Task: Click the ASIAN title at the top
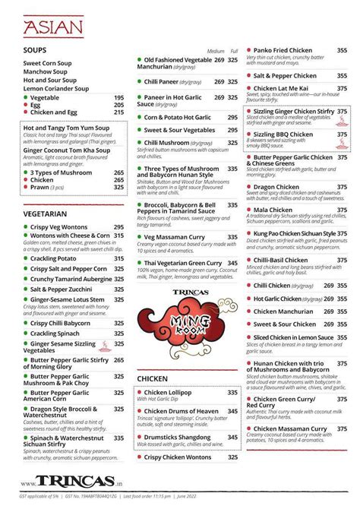coord(52,27)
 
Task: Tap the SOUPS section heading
coord(35,51)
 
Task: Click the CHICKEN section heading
coord(156,378)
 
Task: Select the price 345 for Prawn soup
coord(119,188)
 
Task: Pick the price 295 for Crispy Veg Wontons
coord(119,227)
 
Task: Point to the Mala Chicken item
coord(273,210)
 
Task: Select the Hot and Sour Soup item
coord(50,80)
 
